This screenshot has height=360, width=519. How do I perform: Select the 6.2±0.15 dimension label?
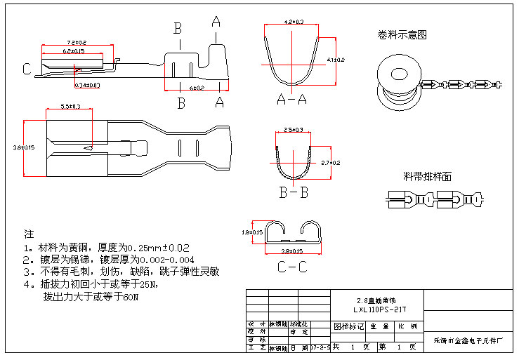pos(72,51)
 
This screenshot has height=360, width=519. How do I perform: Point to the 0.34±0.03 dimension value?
pos(87,85)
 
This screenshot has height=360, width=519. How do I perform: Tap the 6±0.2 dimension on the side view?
pos(197,88)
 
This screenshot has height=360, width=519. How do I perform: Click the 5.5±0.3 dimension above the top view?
pos(70,107)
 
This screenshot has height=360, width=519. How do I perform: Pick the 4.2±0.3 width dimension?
pos(294,22)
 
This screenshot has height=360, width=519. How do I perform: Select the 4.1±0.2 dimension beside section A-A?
pos(336,60)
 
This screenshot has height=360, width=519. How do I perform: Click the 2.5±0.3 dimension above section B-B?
pos(293,130)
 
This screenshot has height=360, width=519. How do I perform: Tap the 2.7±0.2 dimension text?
pos(330,163)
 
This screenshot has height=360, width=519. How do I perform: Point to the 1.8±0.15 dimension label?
pos(251,232)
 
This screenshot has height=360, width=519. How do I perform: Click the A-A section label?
pos(292,99)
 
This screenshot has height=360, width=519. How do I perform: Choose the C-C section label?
pos(292,267)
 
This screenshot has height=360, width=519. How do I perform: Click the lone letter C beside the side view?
pos(26,69)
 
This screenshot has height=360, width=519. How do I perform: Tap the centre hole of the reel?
pos(398,74)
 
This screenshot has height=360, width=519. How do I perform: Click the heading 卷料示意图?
pos(402,34)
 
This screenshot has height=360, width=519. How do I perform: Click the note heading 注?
pos(29,234)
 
